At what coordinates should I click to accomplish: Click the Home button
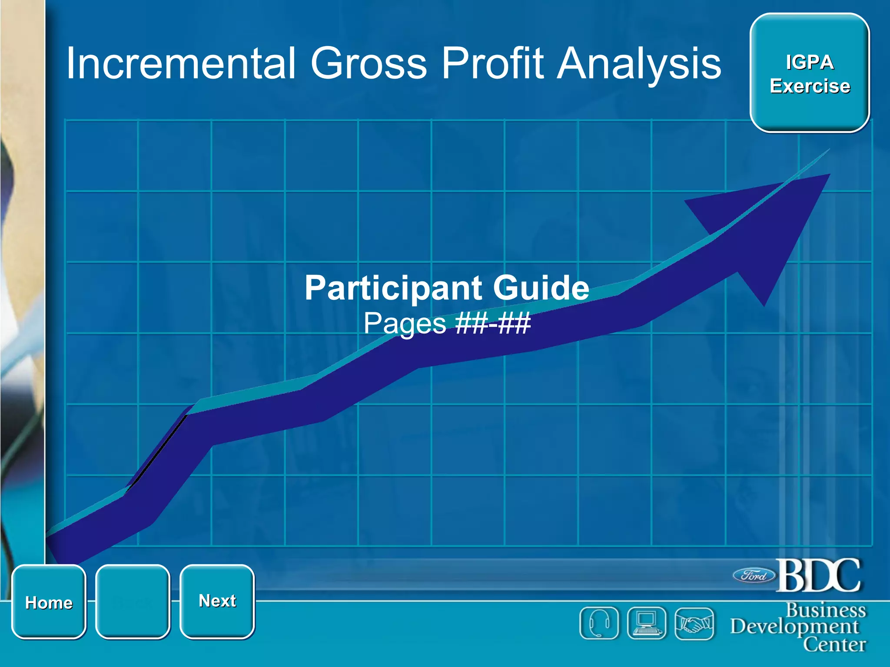coord(49,602)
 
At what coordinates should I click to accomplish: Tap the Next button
coord(217,601)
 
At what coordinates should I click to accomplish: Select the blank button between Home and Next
coord(133,602)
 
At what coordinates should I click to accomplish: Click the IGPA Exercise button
coord(810,73)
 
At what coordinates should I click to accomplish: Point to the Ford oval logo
coord(754,576)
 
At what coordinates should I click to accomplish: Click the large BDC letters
coord(818,575)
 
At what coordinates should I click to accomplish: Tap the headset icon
coord(599,623)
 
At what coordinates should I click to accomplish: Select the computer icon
coord(647,623)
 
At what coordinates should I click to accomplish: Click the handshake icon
coord(694,624)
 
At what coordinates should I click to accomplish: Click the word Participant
coord(393,288)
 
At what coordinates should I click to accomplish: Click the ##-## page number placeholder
coord(492,324)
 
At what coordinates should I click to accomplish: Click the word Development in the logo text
coord(794,627)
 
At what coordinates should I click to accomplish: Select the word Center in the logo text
coord(834,644)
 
